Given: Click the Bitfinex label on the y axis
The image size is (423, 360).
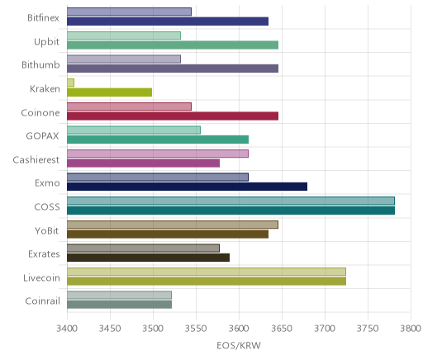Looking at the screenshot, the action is point(43,18).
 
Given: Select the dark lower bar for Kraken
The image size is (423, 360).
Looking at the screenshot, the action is point(109,92).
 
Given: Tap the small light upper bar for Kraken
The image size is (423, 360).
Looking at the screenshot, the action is point(70,83).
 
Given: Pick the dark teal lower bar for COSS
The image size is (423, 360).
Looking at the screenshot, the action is point(231,211).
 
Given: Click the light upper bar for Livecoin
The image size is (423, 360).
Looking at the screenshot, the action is point(207,272).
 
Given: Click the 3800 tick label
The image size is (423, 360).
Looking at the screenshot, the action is point(411,328).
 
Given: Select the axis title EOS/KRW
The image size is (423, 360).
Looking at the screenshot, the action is point(239,345).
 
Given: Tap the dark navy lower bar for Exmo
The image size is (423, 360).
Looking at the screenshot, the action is point(187,187).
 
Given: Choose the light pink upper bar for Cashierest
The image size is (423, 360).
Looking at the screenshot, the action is point(158,154).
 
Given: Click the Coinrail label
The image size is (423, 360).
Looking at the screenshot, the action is point(42,301).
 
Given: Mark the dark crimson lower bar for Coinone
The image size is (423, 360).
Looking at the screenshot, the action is point(173,116).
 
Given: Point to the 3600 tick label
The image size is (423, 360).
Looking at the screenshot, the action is point(239,328).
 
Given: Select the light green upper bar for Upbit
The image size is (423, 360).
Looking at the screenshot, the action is point(124,36).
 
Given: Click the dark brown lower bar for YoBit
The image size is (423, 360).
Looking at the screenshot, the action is point(168,234).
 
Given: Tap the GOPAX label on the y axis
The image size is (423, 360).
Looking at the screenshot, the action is point(42,136).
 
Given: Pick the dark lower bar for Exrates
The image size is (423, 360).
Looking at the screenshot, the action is point(148,258).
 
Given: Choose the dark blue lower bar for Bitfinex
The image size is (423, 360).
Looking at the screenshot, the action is point(168,21).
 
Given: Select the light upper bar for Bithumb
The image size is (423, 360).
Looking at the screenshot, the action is point(124,59).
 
